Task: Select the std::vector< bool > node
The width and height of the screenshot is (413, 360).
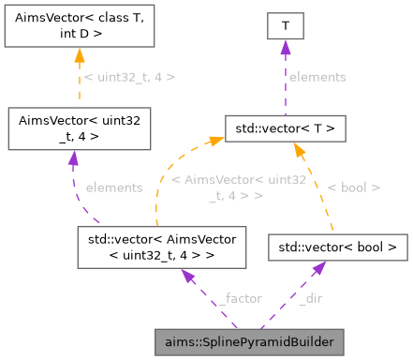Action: point(339,247)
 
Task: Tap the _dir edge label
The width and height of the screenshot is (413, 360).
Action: point(311,298)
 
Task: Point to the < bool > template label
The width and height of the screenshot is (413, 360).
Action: point(353,187)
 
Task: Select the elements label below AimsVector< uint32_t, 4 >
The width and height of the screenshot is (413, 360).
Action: point(114,187)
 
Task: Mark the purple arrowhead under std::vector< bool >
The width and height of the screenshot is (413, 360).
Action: point(319,269)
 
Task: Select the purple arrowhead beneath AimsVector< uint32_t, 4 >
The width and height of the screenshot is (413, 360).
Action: point(72,157)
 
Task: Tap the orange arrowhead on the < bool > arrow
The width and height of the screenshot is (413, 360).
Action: point(299,148)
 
